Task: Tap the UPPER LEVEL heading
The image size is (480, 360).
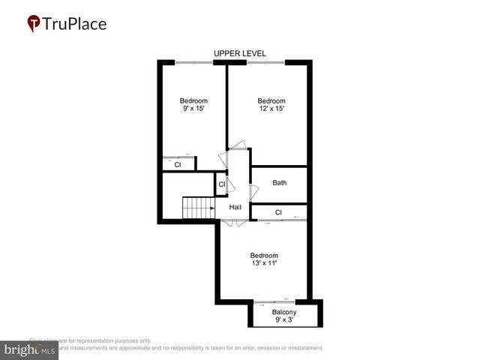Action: pos(239,53)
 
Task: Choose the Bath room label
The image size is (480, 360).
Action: pos(279,182)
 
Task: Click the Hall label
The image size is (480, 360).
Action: pos(235,208)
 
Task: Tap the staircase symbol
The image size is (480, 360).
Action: pos(199,207)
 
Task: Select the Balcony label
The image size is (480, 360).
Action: pos(284,312)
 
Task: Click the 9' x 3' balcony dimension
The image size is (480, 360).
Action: pos(284,320)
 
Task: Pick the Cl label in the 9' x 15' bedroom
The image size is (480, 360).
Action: pos(178,164)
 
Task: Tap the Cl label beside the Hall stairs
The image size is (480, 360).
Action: pos(222,183)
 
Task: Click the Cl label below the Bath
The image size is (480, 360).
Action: pos(278,212)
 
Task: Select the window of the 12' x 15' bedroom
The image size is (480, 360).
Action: pos(265,62)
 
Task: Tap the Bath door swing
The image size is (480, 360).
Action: pos(253,192)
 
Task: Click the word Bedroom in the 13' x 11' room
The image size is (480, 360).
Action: pos(264,255)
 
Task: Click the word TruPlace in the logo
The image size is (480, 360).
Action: pos(76,24)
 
